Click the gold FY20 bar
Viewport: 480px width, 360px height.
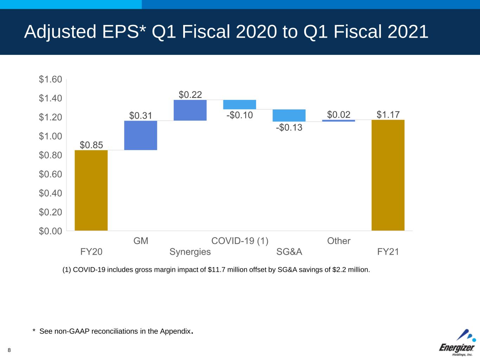tap(91, 190)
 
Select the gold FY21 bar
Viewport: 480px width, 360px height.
tap(388, 175)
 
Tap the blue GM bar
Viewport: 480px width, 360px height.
tap(141, 135)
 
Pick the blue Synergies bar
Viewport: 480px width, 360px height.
tap(190, 110)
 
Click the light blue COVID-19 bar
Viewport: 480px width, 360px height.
tap(239, 104)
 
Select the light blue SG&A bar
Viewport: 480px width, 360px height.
tap(289, 115)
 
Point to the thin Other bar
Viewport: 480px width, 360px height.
tap(339, 121)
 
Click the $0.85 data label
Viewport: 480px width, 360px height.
tap(91, 145)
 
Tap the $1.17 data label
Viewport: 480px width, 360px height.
tap(388, 115)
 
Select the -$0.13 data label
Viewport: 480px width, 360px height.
tap(289, 127)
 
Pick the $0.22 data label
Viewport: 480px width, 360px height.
tap(190, 95)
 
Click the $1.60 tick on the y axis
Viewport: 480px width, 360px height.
tap(51, 79)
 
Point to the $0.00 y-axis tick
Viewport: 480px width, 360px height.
tap(51, 231)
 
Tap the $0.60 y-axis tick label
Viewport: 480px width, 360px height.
tap(51, 174)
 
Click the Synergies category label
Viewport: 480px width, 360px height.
tap(190, 252)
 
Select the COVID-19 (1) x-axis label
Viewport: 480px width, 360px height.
tap(240, 241)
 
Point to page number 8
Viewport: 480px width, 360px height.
tap(9, 350)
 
